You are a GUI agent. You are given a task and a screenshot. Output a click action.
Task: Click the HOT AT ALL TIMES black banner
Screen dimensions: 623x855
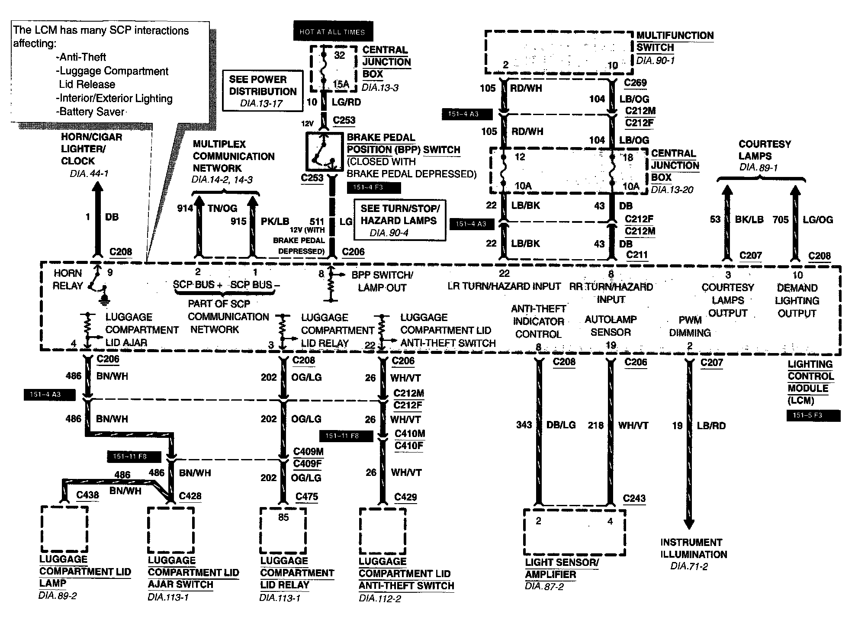(x=333, y=32)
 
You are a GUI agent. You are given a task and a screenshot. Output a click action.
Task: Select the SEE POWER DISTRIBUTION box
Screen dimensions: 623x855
(x=263, y=91)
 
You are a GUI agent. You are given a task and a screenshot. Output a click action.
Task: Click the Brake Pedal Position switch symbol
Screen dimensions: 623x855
(x=323, y=152)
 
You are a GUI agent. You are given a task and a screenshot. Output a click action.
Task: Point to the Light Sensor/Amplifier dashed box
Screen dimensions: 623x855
(x=575, y=532)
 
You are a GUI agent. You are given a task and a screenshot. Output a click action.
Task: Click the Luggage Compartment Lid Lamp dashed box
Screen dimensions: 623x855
(x=64, y=529)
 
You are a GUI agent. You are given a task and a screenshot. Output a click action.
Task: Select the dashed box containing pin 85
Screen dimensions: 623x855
(x=283, y=530)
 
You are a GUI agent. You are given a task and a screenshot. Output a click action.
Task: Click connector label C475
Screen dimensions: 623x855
(x=307, y=496)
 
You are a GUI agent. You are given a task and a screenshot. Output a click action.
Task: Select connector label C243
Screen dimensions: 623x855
(x=634, y=498)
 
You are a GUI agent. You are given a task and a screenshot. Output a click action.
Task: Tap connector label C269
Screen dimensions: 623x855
(x=635, y=83)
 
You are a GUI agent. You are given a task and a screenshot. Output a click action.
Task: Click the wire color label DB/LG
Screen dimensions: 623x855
(x=561, y=425)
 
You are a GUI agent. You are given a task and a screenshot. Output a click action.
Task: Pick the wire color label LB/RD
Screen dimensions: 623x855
(x=711, y=425)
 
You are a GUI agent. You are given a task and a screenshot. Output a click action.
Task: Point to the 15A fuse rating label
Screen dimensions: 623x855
(x=341, y=84)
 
